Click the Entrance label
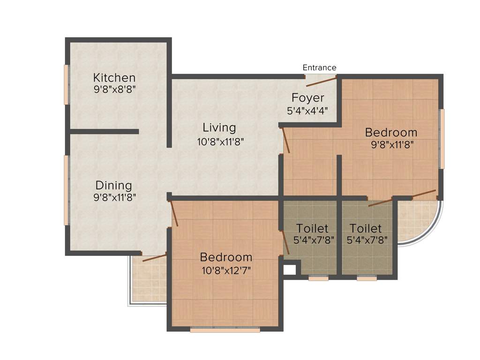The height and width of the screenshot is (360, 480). (319, 67)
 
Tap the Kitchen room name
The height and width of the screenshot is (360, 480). (114, 78)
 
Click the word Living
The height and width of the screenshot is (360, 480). (219, 127)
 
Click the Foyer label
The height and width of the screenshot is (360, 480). (308, 98)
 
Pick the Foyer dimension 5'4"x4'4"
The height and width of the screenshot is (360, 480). (307, 111)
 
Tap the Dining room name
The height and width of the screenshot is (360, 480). (114, 185)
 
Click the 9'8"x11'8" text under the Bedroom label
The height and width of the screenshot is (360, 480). (392, 144)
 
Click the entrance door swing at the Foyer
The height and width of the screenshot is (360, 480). (322, 82)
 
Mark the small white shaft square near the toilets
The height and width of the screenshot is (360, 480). (289, 270)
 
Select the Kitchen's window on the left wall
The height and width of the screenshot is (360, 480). (67, 84)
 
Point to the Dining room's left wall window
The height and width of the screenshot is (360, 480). (67, 190)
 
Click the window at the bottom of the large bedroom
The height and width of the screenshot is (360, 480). (225, 330)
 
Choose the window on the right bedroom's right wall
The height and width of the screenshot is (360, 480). (441, 139)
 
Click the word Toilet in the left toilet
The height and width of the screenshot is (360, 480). (312, 229)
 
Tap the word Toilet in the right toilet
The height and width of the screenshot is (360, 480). (366, 229)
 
